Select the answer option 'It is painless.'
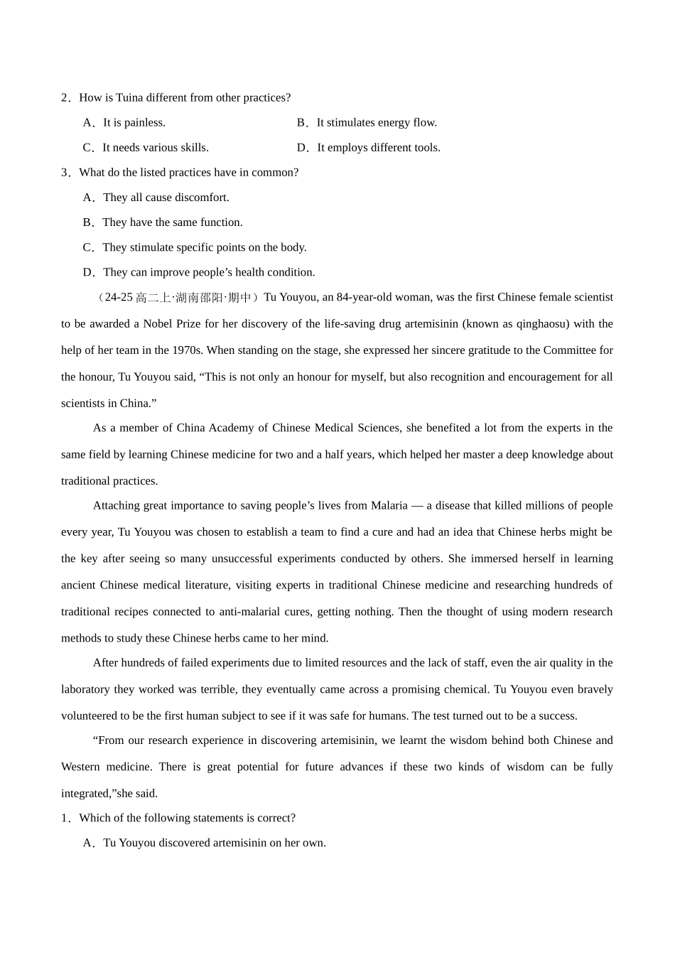134,122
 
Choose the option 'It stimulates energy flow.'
377,122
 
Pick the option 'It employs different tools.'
378,148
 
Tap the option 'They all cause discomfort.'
166,198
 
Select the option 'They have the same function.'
172,222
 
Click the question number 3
65,173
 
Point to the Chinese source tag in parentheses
177,298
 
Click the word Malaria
389,506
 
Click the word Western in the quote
80,767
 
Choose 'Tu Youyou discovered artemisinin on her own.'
214,843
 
